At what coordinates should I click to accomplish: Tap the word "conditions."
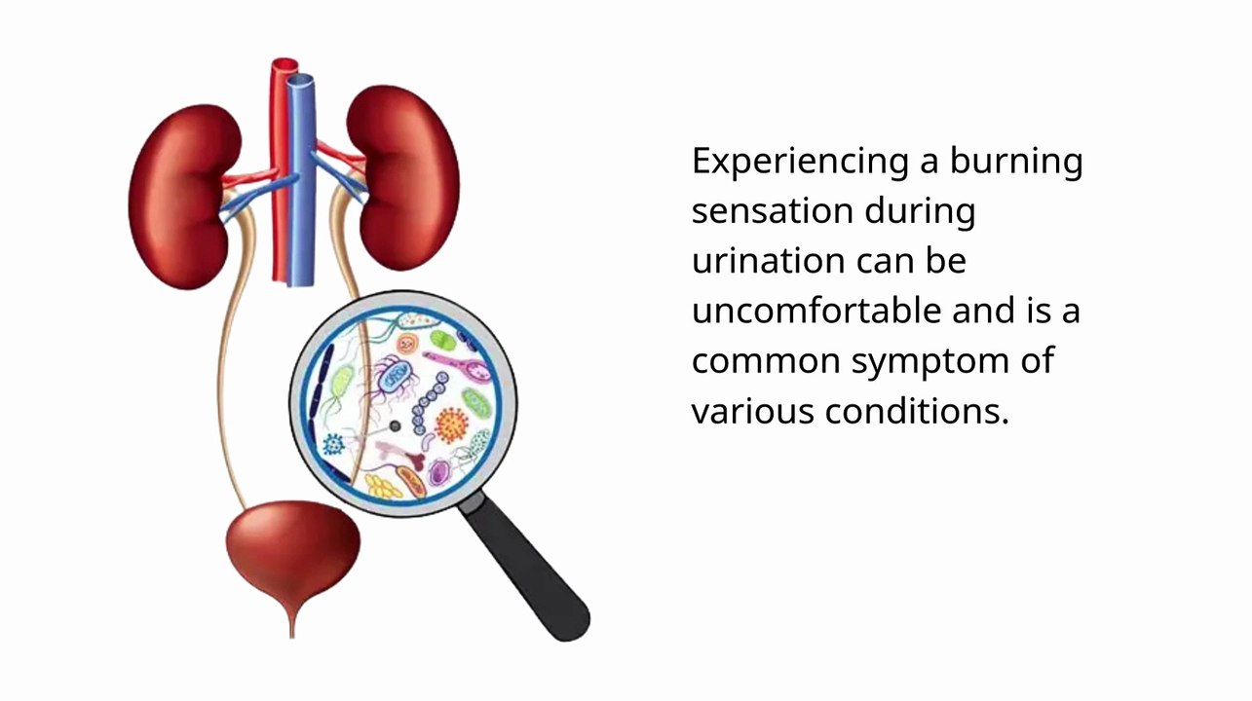[x=916, y=411]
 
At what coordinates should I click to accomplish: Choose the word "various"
[x=750, y=411]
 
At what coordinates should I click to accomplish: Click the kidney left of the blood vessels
[x=180, y=195]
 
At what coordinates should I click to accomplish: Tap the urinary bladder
[x=292, y=550]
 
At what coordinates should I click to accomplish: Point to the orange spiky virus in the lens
[x=451, y=424]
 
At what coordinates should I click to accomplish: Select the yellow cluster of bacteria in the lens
[x=383, y=485]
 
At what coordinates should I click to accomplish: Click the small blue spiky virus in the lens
[x=333, y=445]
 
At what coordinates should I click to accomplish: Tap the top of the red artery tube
[x=285, y=66]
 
